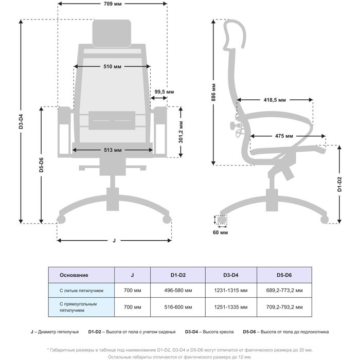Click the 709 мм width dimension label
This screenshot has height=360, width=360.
[x=113, y=4]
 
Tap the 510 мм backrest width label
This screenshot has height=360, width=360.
[x=112, y=66]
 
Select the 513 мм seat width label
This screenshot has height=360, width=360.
[x=113, y=150]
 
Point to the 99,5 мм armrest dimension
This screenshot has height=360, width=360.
[x=164, y=92]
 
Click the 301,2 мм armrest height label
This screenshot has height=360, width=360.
[x=181, y=132]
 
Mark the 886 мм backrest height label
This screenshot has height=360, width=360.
[x=213, y=92]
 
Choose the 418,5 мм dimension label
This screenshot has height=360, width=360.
[x=275, y=100]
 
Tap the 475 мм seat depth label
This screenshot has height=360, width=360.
[x=284, y=136]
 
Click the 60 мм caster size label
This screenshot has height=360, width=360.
[x=221, y=232]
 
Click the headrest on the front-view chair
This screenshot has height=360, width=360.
[x=112, y=33]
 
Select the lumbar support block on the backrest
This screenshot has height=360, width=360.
[x=112, y=120]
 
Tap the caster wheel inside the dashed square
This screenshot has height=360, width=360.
[x=222, y=220]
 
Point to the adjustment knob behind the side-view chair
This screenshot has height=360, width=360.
[x=233, y=125]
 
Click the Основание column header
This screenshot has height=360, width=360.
[x=74, y=275]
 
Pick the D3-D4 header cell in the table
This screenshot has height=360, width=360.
[x=231, y=275]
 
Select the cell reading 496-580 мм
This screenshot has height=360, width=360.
[x=178, y=291]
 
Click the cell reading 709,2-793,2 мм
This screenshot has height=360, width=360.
[x=284, y=307]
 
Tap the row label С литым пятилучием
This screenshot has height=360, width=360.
[x=81, y=291]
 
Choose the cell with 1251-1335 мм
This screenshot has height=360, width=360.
[x=231, y=307]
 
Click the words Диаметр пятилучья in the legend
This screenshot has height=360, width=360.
[x=58, y=332]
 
